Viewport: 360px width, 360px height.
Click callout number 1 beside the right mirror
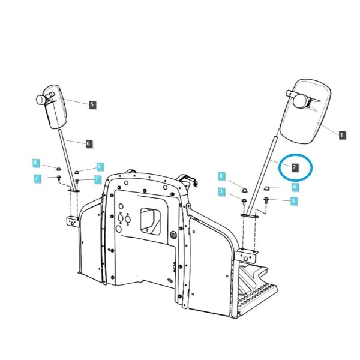pos(342,135)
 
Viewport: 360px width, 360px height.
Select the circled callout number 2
pos(295,167)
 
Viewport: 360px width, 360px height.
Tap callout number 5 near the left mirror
pos(92,104)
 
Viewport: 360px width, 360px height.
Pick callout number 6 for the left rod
pos(89,144)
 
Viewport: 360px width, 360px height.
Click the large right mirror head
pos(305,112)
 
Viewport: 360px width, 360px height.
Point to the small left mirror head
pos(56,106)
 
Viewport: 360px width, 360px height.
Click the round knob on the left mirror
pos(41,100)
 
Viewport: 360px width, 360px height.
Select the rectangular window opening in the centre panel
pos(151,221)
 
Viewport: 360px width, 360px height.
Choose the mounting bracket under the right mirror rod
pos(247,256)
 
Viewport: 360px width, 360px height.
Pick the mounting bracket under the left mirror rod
pos(73,221)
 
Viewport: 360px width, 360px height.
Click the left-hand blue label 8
pos(35,163)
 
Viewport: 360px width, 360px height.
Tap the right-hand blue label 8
pos(99,166)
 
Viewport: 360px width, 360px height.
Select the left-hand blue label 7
pos(37,178)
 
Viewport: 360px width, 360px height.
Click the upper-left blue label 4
pos(221,176)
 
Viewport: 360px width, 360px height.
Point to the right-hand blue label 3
pos(293,201)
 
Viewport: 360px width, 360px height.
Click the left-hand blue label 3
pos(221,191)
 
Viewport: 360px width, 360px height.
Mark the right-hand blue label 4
pos(295,187)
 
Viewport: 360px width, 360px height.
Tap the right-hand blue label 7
pos(97,179)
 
